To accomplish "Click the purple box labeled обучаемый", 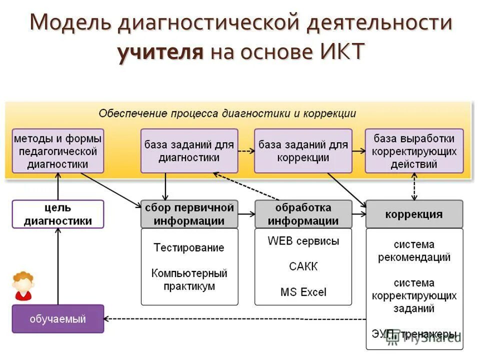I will coord(58,319).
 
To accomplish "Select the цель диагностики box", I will coord(58,214).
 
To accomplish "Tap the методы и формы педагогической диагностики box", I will coord(58,151).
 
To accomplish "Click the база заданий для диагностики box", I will coord(189,151).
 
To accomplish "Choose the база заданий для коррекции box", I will coord(303,151).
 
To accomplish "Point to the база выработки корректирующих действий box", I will coord(414,151).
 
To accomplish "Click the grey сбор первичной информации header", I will coord(189,214).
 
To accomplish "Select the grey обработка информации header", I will coord(303,214).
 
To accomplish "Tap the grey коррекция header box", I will coord(414,214).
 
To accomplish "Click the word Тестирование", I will coord(189,247).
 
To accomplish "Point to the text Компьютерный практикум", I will coord(189,279).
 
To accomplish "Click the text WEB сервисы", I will coord(303,241).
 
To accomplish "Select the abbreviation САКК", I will coord(303,266).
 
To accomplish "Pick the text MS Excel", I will coord(303,291).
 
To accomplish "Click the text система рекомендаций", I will coord(414,251).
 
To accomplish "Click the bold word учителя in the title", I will coord(161,52).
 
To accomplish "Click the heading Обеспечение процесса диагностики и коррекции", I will coord(227,113).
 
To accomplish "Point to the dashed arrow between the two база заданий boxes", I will coord(246,150).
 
